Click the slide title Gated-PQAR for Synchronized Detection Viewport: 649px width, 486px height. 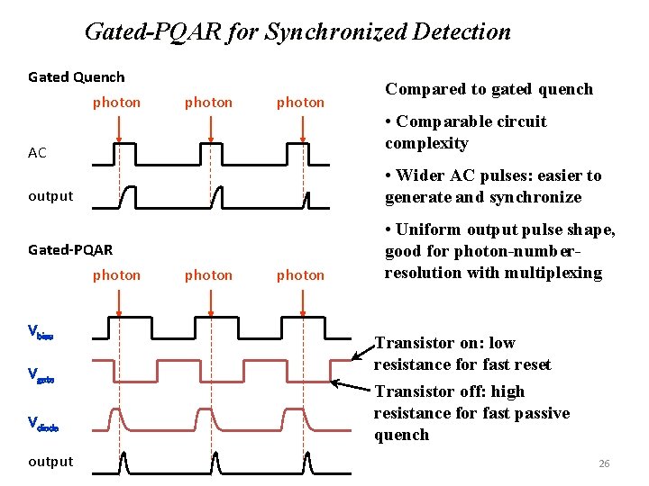tap(297, 32)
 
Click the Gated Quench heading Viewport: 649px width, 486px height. tap(77, 77)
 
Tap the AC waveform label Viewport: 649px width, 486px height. tap(37, 153)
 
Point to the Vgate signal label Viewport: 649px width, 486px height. tap(41, 373)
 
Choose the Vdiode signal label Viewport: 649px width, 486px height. tap(42, 421)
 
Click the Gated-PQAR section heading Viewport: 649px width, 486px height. tap(70, 249)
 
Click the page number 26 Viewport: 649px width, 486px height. tap(604, 463)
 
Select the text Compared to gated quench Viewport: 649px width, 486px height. tap(489, 89)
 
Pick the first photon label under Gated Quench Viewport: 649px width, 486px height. tap(116, 103)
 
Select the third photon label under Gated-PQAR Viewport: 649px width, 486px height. tap(300, 275)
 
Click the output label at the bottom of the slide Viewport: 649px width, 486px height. tap(50, 462)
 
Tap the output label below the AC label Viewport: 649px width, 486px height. tap(50, 196)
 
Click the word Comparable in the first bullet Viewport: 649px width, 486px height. tap(440, 121)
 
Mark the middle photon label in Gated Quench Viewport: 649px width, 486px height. tap(208, 103)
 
